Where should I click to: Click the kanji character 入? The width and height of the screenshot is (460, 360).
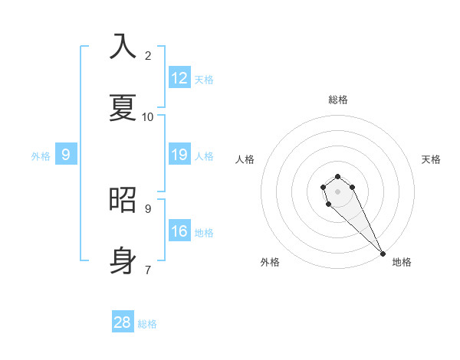click(123, 46)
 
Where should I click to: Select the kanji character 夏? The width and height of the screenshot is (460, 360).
click(123, 107)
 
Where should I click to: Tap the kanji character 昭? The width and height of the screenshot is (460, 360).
click(123, 199)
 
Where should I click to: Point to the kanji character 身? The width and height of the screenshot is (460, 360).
click(123, 260)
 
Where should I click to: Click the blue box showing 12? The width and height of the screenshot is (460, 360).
click(179, 78)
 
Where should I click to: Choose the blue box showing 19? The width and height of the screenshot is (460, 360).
click(179, 155)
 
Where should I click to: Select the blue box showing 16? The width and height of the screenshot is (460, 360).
click(179, 231)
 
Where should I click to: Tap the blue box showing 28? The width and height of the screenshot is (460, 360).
click(123, 322)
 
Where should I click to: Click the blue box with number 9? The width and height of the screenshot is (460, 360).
click(66, 155)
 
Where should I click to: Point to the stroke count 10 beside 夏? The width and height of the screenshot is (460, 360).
click(147, 116)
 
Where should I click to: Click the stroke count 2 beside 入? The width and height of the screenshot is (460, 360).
click(148, 55)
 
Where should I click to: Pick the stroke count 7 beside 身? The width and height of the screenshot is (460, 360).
click(148, 270)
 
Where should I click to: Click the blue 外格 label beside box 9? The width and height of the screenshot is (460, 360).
click(41, 156)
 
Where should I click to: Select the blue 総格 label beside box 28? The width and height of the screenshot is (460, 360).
click(147, 324)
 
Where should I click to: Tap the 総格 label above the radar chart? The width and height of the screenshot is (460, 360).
click(338, 100)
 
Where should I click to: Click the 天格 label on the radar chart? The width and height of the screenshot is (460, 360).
click(432, 159)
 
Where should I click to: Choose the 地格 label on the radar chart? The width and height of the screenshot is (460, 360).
click(402, 262)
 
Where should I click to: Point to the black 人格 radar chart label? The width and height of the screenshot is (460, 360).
click(245, 159)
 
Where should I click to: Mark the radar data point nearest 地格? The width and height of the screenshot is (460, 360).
click(383, 254)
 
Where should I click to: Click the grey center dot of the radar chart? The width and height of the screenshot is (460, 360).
click(337, 191)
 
